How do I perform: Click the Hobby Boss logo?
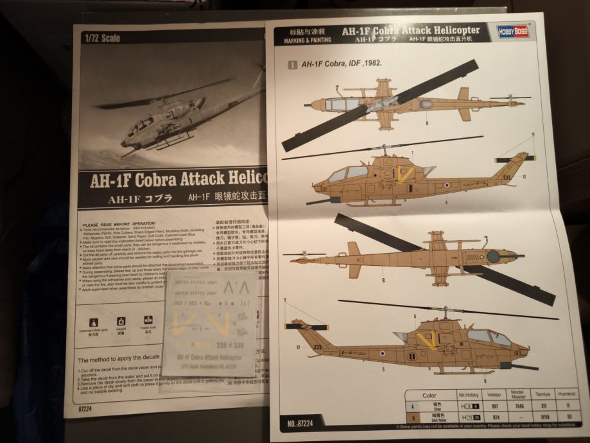point(513,31)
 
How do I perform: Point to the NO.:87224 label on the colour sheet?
point(297,423)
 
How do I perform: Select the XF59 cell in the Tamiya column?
point(546,416)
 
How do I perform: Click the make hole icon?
point(148,320)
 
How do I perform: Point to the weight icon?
point(121,320)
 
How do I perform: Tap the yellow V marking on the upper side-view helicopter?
point(404,173)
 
